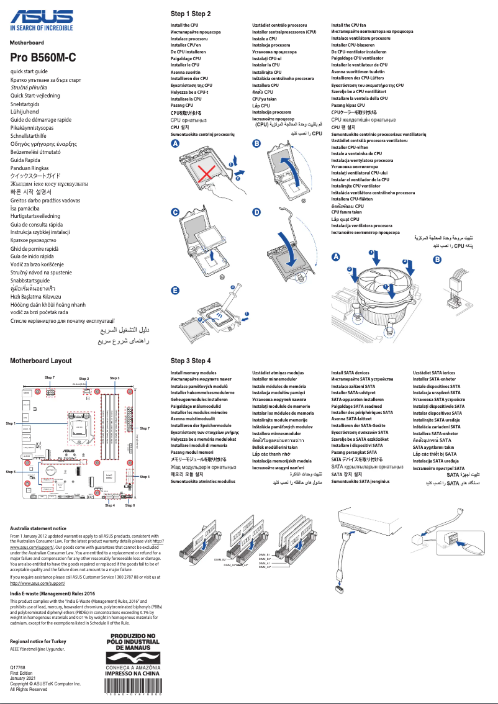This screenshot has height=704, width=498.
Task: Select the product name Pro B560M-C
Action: coord(43,58)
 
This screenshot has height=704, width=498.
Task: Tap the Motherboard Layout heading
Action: coord(41,361)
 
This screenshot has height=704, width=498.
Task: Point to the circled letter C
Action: coord(175,212)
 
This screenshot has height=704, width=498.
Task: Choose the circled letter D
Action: coord(256,212)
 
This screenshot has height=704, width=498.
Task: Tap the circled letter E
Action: coord(175,291)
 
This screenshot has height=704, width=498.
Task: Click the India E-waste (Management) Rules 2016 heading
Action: coord(53,593)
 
